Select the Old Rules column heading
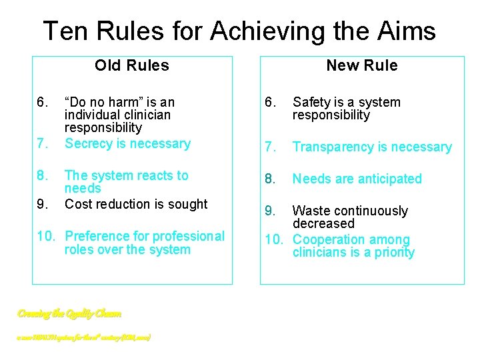coord(132,65)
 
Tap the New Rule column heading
coord(361,65)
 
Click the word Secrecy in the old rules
coord(88,144)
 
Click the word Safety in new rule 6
coord(312,102)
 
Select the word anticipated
coord(389,179)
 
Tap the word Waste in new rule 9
coord(311,211)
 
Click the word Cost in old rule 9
coord(77,204)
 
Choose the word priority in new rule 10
coord(393,252)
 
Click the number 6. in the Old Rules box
coord(43,102)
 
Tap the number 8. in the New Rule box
coord(270,179)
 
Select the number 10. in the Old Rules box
coord(46,237)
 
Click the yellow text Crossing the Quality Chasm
coord(69,313)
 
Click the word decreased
coord(323,223)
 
